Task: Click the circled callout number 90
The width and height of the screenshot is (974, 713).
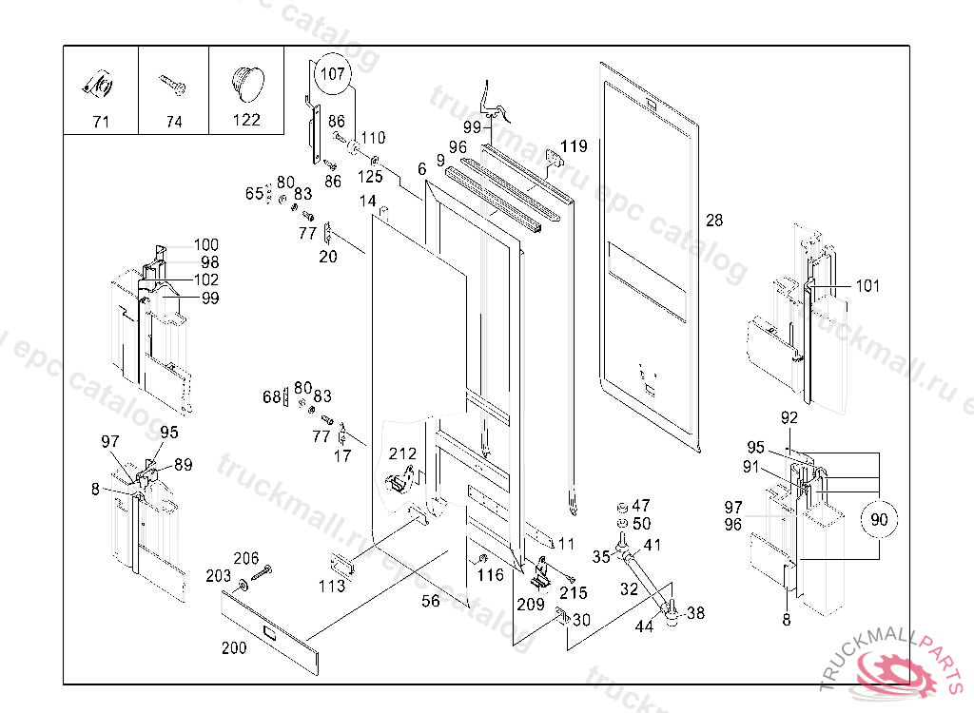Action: (x=879, y=520)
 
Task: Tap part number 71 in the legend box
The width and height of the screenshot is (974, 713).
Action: (x=101, y=122)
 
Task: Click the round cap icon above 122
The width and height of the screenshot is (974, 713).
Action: (x=245, y=82)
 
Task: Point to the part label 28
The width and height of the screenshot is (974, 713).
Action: (x=714, y=221)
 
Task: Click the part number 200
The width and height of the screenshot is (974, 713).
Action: (x=234, y=648)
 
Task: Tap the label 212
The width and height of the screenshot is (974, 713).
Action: (x=402, y=453)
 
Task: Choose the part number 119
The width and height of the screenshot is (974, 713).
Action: (x=574, y=146)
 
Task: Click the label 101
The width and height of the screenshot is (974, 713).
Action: (x=867, y=285)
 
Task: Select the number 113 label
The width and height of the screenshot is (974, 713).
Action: (x=332, y=587)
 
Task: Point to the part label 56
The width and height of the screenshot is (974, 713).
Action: (x=431, y=601)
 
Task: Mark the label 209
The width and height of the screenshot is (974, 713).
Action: (x=531, y=604)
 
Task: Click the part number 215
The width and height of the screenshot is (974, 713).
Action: (x=574, y=593)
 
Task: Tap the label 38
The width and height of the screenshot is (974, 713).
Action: (x=696, y=614)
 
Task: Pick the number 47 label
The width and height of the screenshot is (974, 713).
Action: (x=641, y=506)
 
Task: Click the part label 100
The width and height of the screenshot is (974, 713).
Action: (x=206, y=245)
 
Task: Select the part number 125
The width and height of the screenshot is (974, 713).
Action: (x=370, y=177)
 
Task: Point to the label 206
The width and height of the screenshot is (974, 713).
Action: (x=246, y=558)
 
